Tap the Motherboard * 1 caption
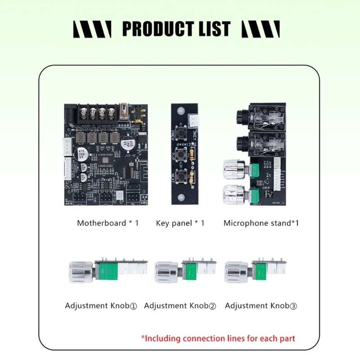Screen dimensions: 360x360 tap(108, 223)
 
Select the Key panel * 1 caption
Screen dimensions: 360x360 tap(180, 223)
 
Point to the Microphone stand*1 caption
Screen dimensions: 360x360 tap(261, 223)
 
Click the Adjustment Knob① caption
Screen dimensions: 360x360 tap(101, 306)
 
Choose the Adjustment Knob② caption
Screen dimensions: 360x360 tap(180, 306)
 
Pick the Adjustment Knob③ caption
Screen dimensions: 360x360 tap(261, 306)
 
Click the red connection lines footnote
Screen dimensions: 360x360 tap(218, 338)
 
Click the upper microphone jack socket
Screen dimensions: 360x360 tap(240, 119)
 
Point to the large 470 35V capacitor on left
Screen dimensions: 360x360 tap(82, 154)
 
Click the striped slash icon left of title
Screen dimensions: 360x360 tap(92, 29)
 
